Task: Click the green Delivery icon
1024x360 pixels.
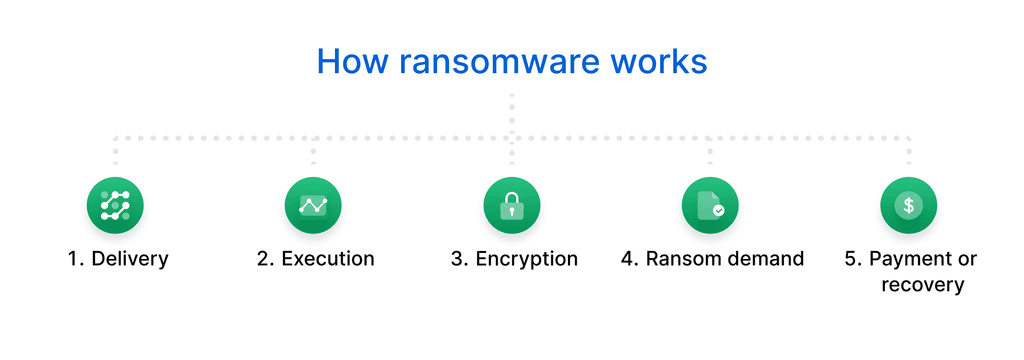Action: [115, 205]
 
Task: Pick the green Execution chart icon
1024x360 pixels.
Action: [314, 205]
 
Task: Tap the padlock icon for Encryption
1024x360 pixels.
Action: [512, 205]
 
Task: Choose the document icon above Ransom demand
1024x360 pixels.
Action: [710, 205]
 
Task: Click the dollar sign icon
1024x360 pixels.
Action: [908, 205]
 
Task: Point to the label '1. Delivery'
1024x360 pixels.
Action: [118, 259]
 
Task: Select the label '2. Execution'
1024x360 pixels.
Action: [315, 259]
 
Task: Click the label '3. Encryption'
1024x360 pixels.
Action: [514, 259]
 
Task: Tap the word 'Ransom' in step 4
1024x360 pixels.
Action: [678, 259]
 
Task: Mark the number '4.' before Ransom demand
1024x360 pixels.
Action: [630, 259]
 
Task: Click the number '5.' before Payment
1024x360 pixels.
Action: [853, 259]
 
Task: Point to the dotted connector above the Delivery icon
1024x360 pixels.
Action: [115, 150]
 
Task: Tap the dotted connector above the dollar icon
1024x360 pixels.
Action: [908, 150]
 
